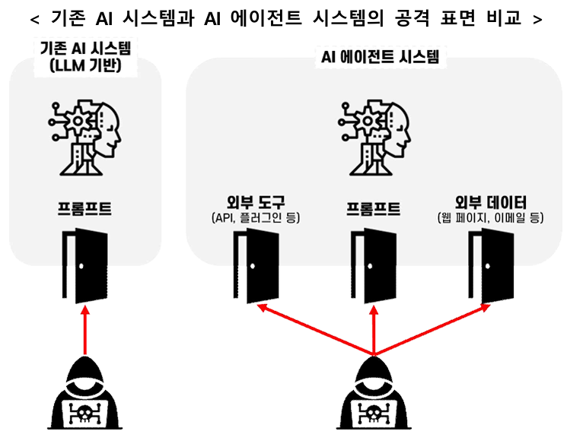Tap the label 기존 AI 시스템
pyautogui.click(x=85, y=49)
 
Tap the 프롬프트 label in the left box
pyautogui.click(x=84, y=209)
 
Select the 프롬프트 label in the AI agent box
pyautogui.click(x=373, y=209)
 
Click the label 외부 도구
pyautogui.click(x=256, y=202)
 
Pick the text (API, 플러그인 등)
pyautogui.click(x=256, y=218)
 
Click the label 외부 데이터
pyautogui.click(x=491, y=202)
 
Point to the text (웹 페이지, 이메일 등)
pyautogui.click(x=491, y=218)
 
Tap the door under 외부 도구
pyautogui.click(x=256, y=266)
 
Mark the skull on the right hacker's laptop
pyautogui.click(x=374, y=414)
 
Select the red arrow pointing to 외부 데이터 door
pyautogui.click(x=434, y=330)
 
